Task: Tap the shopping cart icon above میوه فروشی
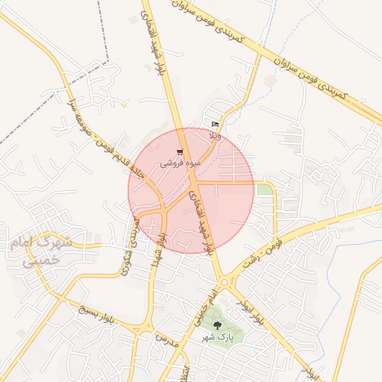tap(180, 151)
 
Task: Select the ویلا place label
tap(216, 137)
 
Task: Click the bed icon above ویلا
tap(215, 125)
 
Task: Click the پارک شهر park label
tap(217, 337)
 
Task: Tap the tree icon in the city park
tap(217, 325)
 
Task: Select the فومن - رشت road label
tap(264, 246)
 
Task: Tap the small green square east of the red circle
tap(264, 190)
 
